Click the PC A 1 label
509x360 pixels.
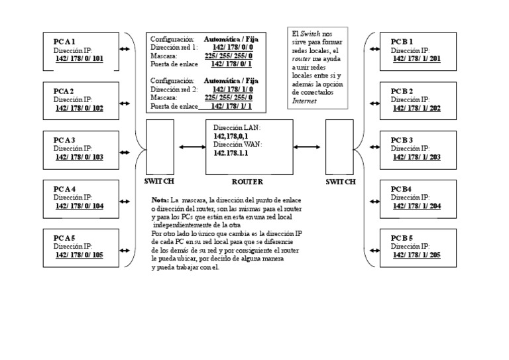point(65,42)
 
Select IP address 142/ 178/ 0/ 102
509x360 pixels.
point(80,108)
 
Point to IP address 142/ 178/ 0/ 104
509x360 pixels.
point(80,206)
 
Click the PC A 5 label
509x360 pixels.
point(65,238)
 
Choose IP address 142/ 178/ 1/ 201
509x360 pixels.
point(416,58)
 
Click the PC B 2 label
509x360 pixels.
point(402,91)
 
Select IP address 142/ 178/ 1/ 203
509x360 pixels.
point(416,157)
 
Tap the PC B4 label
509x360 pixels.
point(401,189)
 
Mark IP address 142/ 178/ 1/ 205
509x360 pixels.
point(416,255)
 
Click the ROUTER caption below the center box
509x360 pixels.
point(247,182)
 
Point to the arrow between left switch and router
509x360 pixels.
point(192,147)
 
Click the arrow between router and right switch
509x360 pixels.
point(308,147)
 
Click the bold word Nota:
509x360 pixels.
point(160,200)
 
